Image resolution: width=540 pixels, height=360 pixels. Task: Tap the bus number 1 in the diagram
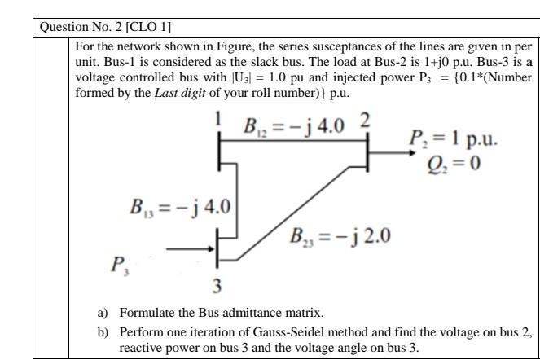coord(218,120)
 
